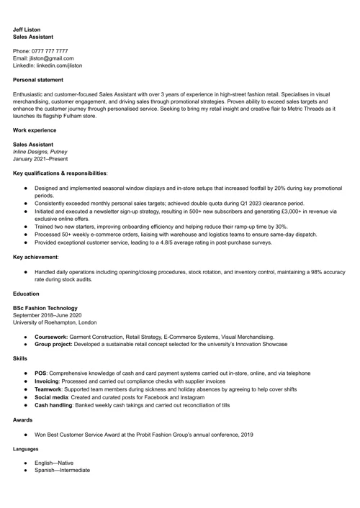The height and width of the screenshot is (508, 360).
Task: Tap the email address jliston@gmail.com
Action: point(51,58)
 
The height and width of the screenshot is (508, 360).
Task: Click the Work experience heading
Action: point(35,130)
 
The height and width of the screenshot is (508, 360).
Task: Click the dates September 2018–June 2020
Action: point(48,315)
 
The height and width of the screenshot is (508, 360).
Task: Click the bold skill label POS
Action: point(41,373)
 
